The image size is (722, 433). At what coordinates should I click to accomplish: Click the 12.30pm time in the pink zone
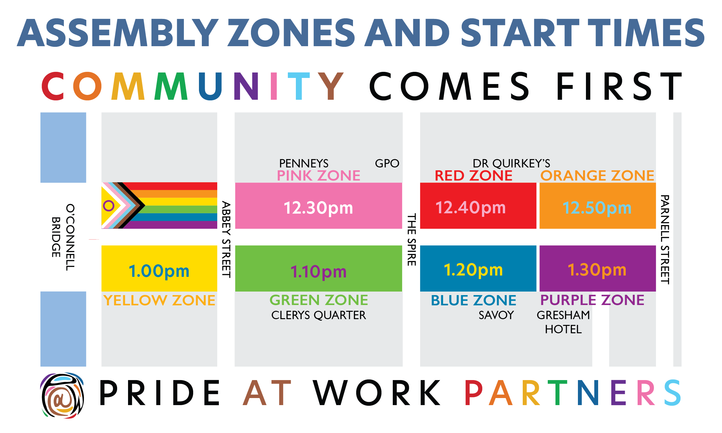coord(318,208)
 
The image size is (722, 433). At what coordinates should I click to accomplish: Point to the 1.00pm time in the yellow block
coord(159,271)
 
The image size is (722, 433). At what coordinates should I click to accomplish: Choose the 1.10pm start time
coord(318,271)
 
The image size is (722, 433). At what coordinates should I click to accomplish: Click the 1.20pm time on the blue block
coord(473,270)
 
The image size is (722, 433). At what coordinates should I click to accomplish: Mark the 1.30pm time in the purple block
coord(597,270)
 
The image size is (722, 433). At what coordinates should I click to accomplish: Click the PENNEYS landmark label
coord(304,163)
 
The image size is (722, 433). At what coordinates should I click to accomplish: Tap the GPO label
coord(387,163)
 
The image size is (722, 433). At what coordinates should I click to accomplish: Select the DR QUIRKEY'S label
coord(511,163)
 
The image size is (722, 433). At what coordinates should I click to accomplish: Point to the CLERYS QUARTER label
coord(318,315)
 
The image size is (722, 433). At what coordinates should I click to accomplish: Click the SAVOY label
coord(496,315)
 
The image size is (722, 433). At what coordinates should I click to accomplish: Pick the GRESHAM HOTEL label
coord(563,322)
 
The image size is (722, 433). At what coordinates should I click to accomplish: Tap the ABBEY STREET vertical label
coord(226,239)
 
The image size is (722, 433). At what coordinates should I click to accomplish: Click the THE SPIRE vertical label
coord(412,239)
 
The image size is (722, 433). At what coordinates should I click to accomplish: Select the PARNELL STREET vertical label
coord(665,239)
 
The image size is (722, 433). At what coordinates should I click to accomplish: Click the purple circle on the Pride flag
coord(109,206)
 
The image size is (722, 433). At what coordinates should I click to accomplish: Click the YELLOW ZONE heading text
coord(159,300)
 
